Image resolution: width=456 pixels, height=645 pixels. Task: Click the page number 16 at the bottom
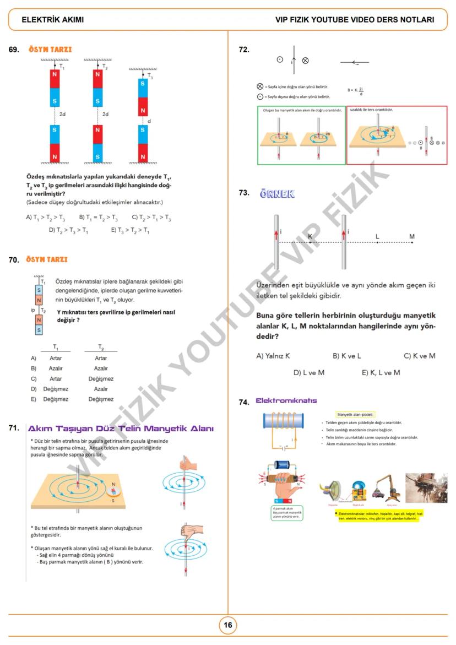(228, 625)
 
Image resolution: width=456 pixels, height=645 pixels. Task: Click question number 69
(15, 50)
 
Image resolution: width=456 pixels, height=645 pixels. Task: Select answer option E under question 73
(381, 373)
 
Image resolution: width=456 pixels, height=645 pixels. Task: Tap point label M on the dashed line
(411, 237)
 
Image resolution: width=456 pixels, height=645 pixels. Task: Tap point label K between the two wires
(310, 236)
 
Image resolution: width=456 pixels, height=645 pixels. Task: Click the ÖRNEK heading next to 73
(277, 194)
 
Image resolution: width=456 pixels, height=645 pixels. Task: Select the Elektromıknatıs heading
(286, 400)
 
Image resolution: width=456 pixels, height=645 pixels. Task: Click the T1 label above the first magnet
(62, 67)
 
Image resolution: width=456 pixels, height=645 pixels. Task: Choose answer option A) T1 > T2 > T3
(45, 218)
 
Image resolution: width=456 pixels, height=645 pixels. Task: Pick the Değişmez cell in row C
(101, 379)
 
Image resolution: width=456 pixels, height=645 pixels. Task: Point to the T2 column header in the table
(101, 347)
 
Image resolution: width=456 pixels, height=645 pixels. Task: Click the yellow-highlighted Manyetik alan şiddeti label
(355, 414)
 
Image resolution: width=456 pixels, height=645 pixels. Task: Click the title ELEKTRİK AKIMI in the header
(53, 20)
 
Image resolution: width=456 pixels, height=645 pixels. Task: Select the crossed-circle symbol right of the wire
(306, 61)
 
